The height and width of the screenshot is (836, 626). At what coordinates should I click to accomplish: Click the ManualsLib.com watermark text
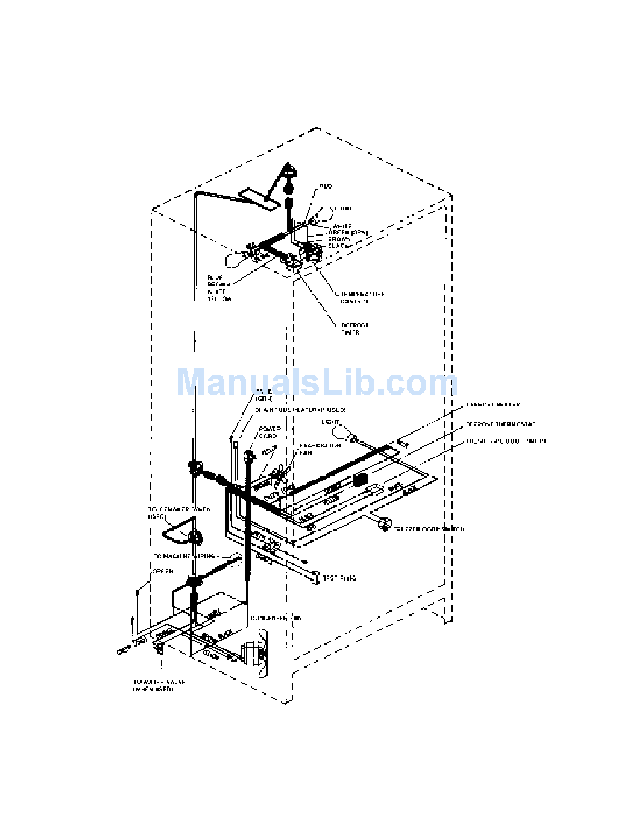coord(317,383)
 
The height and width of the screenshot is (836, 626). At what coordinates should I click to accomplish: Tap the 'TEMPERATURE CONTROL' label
coord(362,298)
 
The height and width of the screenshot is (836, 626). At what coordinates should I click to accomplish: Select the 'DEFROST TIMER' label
coord(355,329)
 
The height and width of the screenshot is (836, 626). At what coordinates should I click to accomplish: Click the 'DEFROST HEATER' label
coord(493,404)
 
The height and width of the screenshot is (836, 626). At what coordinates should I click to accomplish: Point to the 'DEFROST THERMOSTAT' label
coord(501,424)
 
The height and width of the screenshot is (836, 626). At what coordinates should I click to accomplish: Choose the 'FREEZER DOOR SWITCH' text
coord(429,529)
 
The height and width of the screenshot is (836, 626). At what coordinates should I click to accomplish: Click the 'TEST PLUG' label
coord(339,578)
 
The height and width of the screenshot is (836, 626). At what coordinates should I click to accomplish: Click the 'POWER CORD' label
coord(270,432)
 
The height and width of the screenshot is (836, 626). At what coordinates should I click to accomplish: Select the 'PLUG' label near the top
coord(325,187)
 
